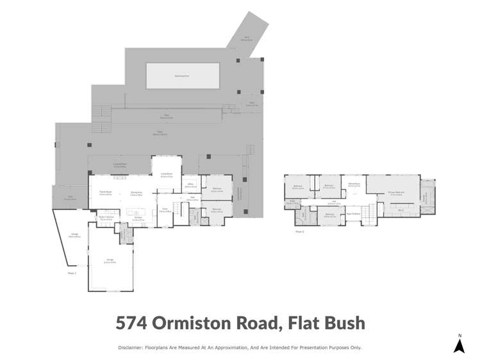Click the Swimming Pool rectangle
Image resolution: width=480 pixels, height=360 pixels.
[x=183, y=75]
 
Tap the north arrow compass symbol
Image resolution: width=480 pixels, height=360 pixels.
[x=459, y=345]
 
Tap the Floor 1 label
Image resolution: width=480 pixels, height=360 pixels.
[x=72, y=274]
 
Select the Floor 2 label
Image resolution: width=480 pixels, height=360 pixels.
[x=299, y=231]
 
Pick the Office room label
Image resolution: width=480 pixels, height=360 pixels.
[x=190, y=185]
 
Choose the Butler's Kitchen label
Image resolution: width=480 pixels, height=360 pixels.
[x=106, y=218]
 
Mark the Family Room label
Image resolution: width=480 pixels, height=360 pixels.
[x=106, y=193]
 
